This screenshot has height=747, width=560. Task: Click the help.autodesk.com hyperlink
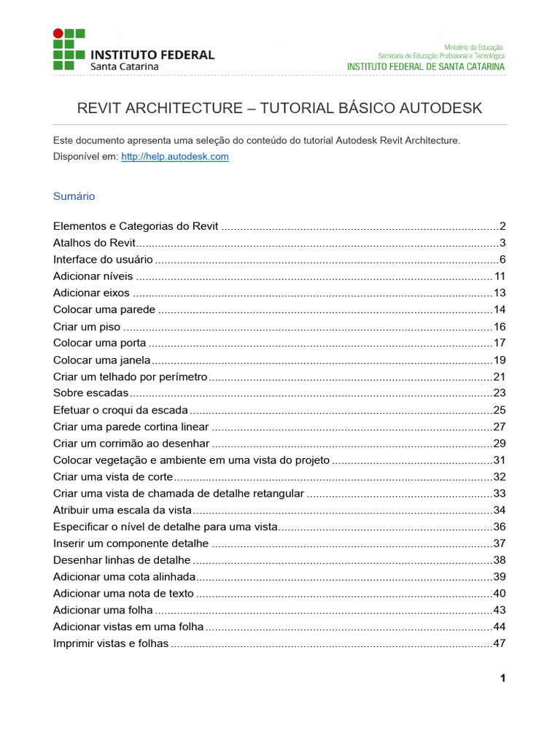pyautogui.click(x=175, y=157)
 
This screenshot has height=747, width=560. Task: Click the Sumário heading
pyautogui.click(x=74, y=196)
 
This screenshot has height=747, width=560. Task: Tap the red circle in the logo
pyautogui.click(x=58, y=34)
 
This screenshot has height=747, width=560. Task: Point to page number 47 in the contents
pyautogui.click(x=499, y=643)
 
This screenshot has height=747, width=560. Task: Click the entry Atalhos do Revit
pyautogui.click(x=95, y=243)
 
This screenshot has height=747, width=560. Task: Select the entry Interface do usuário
pyautogui.click(x=103, y=260)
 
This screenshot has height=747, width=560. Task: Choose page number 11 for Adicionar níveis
pyautogui.click(x=499, y=276)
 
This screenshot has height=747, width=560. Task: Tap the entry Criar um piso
pyautogui.click(x=87, y=327)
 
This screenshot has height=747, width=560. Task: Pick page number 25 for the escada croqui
pyautogui.click(x=499, y=410)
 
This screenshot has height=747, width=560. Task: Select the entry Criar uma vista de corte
pyautogui.click(x=113, y=477)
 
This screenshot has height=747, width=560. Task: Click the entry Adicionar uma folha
pyautogui.click(x=103, y=610)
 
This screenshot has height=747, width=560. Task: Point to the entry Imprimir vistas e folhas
pyautogui.click(x=111, y=643)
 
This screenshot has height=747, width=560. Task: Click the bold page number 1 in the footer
pyautogui.click(x=502, y=678)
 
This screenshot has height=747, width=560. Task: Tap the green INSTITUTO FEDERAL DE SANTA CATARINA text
pyautogui.click(x=425, y=66)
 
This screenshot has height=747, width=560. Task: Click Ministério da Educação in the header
pyautogui.click(x=474, y=47)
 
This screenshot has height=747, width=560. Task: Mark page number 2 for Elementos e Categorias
pyautogui.click(x=503, y=226)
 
